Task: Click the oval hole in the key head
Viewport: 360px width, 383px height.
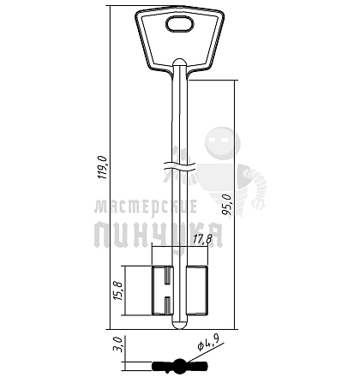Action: [180, 24]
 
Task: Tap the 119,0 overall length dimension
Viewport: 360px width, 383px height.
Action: [103, 167]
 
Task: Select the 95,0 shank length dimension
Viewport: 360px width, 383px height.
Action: [228, 204]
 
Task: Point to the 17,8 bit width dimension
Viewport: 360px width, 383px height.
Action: [202, 239]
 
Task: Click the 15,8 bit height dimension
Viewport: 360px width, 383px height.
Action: [117, 290]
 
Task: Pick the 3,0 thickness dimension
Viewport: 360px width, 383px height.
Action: [117, 344]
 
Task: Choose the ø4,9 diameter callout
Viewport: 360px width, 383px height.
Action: [208, 342]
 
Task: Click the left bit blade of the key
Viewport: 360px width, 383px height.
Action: [162, 290]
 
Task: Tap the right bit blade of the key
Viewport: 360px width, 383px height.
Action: [197, 290]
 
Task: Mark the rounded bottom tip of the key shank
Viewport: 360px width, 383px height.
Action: [180, 325]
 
